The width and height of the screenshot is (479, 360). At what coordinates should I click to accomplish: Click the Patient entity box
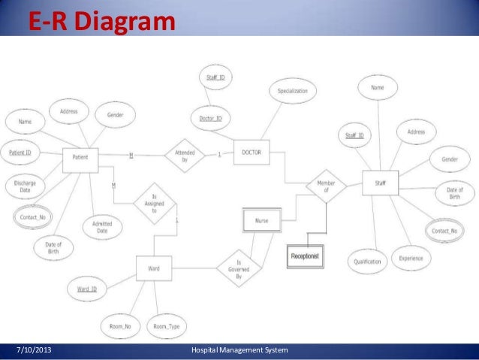[80, 157]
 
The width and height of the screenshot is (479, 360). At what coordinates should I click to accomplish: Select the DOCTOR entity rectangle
[251, 153]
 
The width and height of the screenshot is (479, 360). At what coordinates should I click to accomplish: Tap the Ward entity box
[153, 268]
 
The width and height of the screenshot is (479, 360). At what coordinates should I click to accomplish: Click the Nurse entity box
[261, 220]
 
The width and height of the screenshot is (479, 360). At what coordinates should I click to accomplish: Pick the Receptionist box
[305, 257]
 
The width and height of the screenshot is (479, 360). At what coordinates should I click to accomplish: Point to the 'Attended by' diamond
[185, 156]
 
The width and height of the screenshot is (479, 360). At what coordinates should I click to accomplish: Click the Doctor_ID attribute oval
[210, 119]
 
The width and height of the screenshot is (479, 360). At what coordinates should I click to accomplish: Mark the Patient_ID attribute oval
[20, 153]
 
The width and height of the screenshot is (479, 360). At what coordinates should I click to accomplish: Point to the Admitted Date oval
[102, 228]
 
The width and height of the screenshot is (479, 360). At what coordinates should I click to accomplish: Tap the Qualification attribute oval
[368, 262]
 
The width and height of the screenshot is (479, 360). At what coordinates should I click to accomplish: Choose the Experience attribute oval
[411, 258]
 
